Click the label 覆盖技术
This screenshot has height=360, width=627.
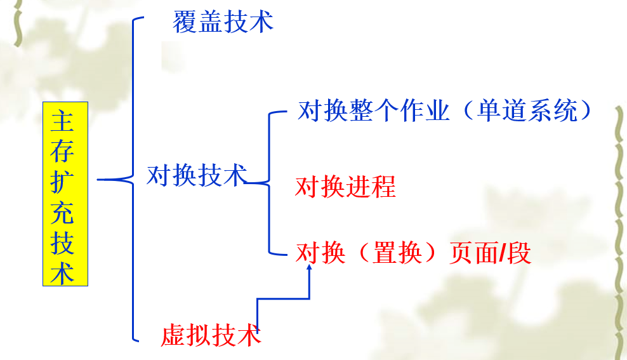tap(223, 22)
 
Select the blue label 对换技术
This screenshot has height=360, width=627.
tap(197, 175)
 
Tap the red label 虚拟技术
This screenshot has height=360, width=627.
tap(211, 335)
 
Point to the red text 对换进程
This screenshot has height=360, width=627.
tap(345, 187)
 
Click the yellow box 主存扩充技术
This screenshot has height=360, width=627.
tap(65, 194)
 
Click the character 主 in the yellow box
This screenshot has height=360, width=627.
tap(62, 121)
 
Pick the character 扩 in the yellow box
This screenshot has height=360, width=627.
tap(62, 182)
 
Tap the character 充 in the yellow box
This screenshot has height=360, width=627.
tap(62, 213)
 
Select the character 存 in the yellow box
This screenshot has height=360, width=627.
tap(62, 151)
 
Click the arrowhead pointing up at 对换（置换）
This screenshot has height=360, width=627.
tap(309, 267)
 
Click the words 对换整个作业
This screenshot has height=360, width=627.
tap(374, 110)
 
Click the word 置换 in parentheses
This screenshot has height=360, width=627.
tap(397, 253)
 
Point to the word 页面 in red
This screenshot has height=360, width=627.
tap(475, 253)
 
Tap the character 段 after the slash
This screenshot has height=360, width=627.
tap(520, 253)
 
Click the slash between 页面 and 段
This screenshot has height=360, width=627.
tap(503, 253)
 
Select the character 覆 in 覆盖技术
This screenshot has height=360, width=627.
tap(185, 22)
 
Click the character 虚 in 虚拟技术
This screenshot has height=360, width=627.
tap(173, 335)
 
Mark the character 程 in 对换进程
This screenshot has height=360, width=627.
tap(383, 187)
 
